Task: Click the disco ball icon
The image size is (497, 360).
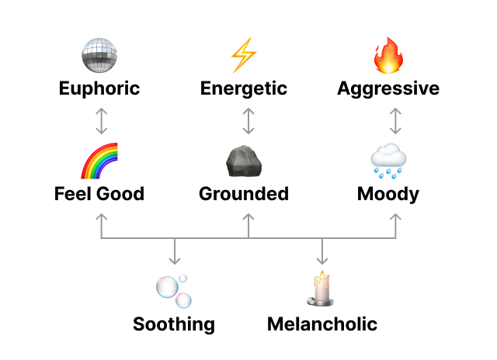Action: point(99,54)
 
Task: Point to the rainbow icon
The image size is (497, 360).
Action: point(99,161)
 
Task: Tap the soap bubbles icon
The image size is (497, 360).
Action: point(173,291)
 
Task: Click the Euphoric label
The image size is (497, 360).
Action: point(99,88)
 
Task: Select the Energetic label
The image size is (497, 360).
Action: point(244,88)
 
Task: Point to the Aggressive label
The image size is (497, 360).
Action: point(388,88)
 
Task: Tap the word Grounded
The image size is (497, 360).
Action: point(244,193)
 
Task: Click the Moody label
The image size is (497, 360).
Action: point(388,193)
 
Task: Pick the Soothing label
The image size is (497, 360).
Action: point(174,324)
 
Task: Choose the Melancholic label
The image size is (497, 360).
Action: point(322,324)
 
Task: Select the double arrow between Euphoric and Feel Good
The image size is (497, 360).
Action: point(100,121)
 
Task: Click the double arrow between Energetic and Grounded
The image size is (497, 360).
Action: point(248,121)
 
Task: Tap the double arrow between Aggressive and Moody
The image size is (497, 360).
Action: point(395,121)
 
